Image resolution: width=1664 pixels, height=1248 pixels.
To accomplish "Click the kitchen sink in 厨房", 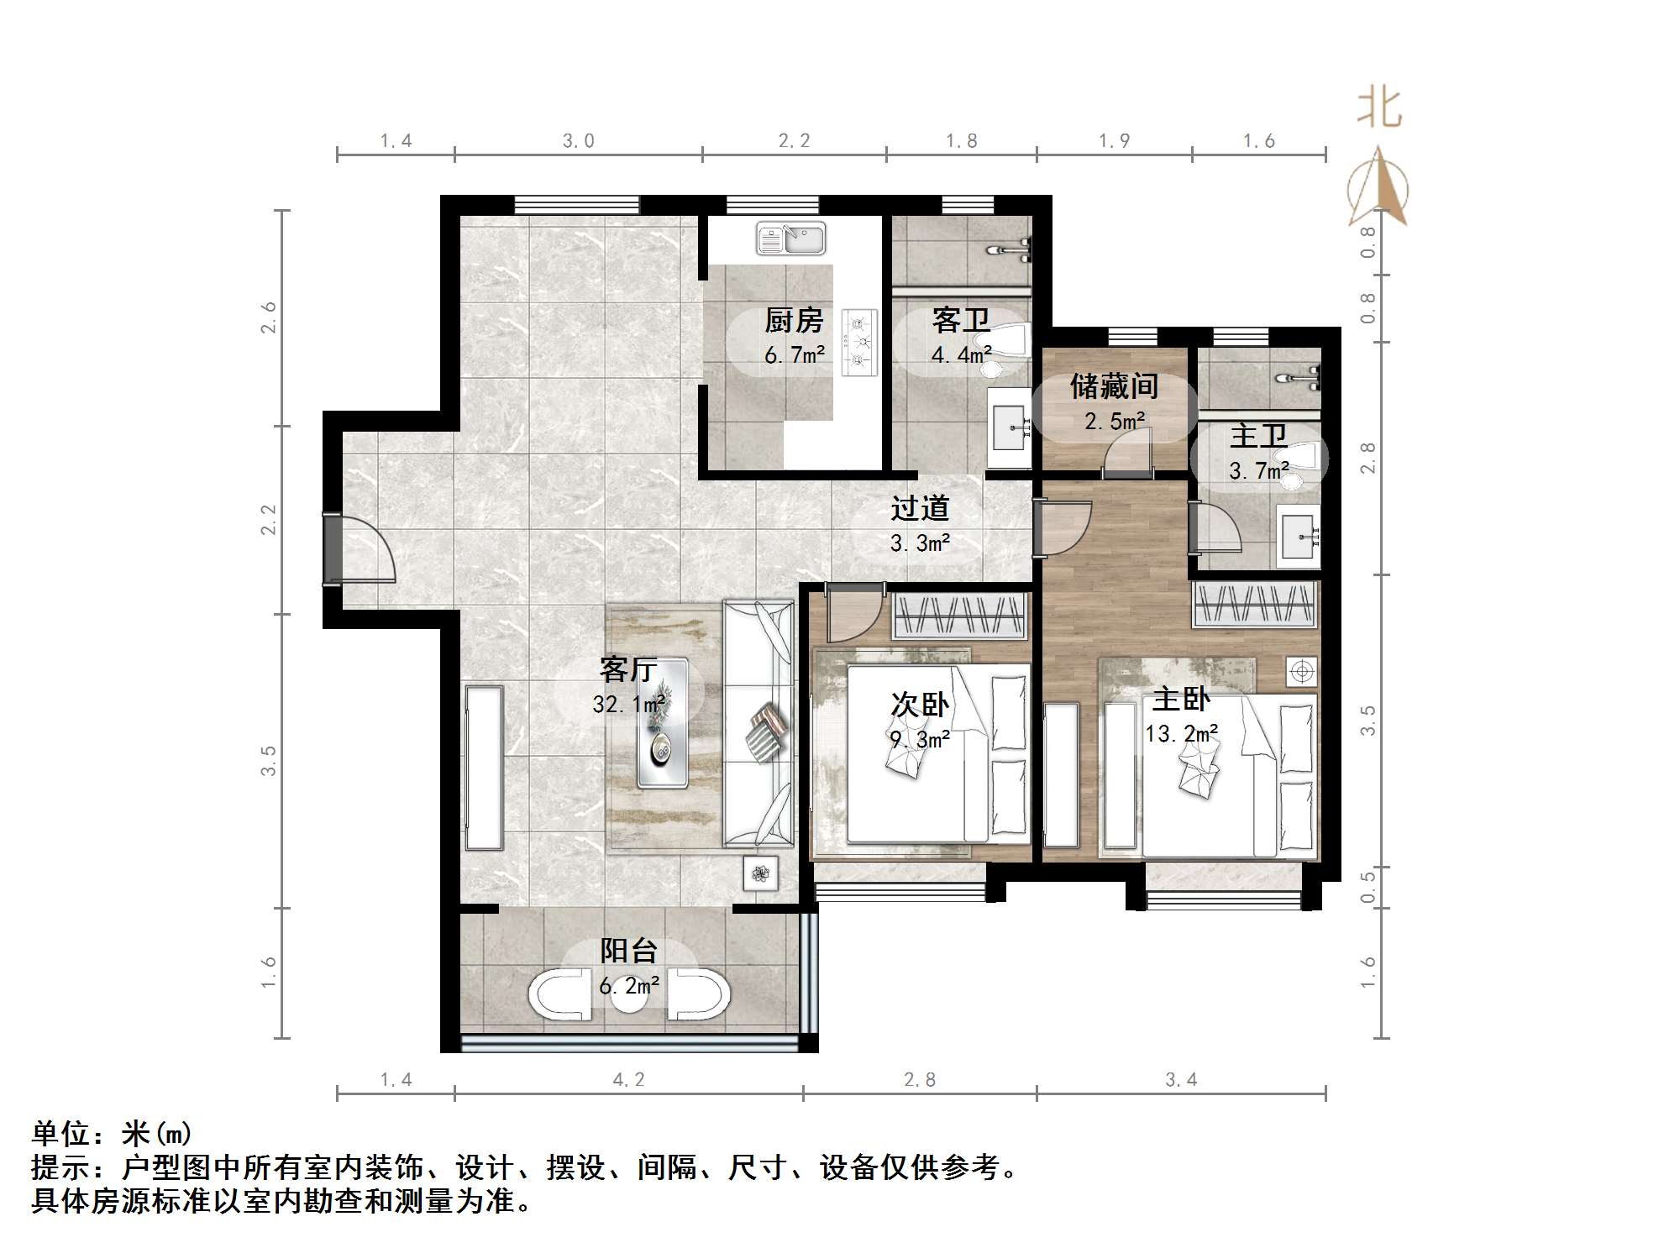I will coord(790,239).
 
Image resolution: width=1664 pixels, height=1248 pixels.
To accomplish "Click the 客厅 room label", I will coord(627,669).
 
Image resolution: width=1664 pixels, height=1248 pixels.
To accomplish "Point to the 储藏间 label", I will coord(1114,387).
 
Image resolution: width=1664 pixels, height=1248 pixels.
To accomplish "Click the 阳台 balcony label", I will coord(628,951).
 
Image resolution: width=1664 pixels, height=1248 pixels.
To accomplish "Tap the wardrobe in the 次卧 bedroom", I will coord(959,616).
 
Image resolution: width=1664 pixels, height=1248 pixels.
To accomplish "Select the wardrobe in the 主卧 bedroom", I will coord(1254,604).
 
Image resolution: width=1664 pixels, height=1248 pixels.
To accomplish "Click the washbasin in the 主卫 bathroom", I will coord(1298,535).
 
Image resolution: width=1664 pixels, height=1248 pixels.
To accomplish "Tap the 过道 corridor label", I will coord(920,508).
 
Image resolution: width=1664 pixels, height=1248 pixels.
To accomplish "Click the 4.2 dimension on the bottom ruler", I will coord(628,1080).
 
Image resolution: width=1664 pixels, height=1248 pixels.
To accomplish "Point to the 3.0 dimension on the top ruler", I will coord(578,141).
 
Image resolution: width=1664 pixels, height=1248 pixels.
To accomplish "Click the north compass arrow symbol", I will coord(1378,189).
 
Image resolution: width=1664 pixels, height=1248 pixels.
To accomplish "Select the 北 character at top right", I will coord(1378,108).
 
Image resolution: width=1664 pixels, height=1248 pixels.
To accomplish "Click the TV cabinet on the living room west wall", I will coord(485,768).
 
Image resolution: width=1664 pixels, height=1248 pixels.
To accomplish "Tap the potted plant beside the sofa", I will coord(761,873).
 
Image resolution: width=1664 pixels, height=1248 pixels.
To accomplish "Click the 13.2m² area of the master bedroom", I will coord(1181,734).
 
